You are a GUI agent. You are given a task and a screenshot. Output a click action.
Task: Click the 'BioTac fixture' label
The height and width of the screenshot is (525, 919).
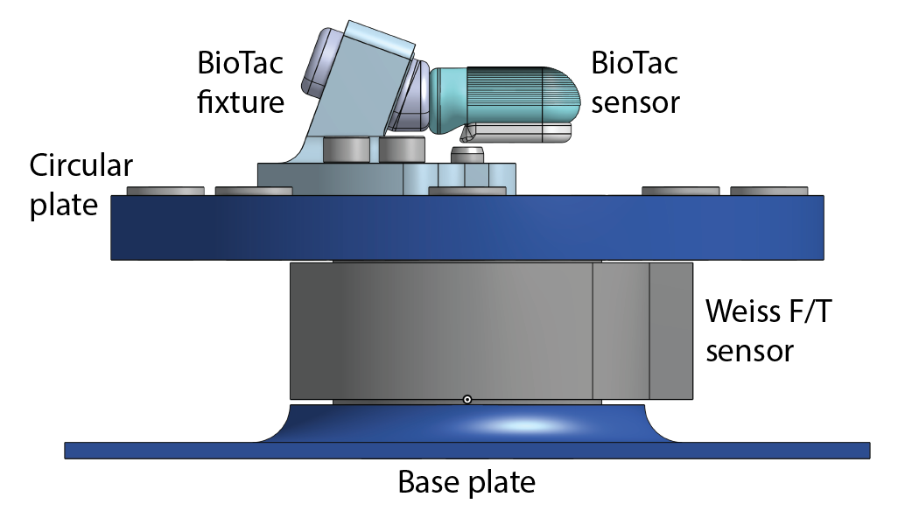pyautogui.click(x=241, y=83)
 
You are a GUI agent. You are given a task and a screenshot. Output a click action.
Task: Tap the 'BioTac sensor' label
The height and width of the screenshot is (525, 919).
pyautogui.click(x=635, y=83)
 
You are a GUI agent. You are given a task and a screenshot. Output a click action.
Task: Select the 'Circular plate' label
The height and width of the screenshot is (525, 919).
pyautogui.click(x=81, y=185)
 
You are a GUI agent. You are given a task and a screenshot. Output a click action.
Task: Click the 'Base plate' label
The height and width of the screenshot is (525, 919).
pyautogui.click(x=467, y=482)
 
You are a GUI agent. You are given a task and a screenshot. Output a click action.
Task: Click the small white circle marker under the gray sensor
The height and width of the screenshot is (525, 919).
pyautogui.click(x=467, y=400)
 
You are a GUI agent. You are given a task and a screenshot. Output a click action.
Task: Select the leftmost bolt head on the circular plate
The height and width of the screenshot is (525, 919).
pyautogui.click(x=165, y=191)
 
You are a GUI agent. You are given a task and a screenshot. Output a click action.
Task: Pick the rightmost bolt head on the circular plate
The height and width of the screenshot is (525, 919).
pyautogui.click(x=768, y=191)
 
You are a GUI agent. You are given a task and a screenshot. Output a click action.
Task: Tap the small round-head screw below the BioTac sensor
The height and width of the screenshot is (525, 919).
pyautogui.click(x=467, y=155)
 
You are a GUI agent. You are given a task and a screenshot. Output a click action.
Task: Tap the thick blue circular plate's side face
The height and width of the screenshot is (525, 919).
pyautogui.click(x=467, y=227)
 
